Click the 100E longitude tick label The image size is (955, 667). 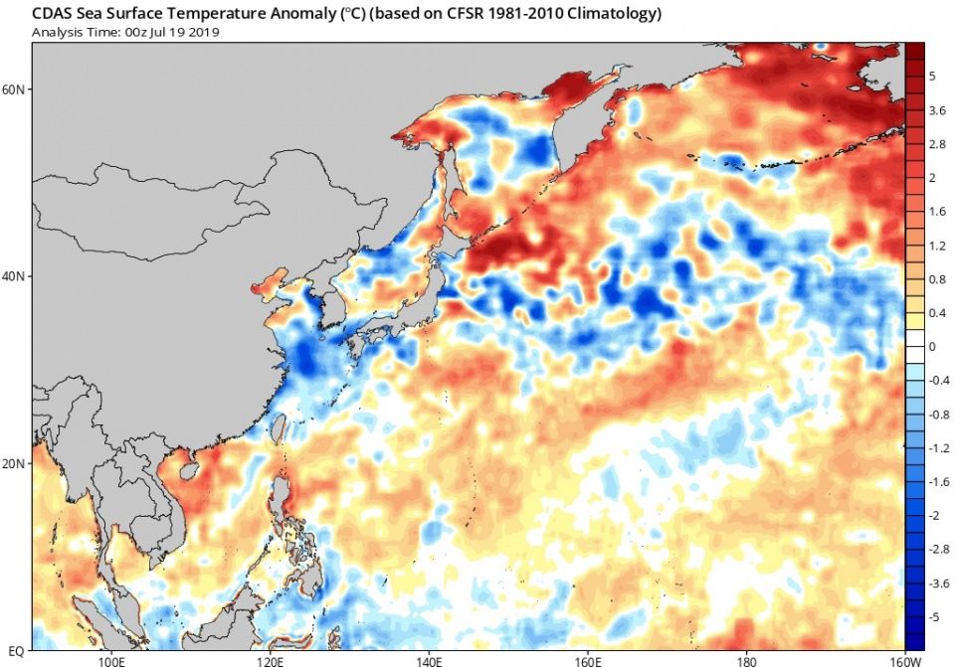pos(111,659)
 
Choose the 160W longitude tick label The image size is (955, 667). pos(901,659)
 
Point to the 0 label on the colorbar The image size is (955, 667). pos(932,347)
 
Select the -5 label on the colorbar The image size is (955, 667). pos(935,617)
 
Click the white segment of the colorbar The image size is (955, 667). pos(914,347)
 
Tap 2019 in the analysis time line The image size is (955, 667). pos(203,32)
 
